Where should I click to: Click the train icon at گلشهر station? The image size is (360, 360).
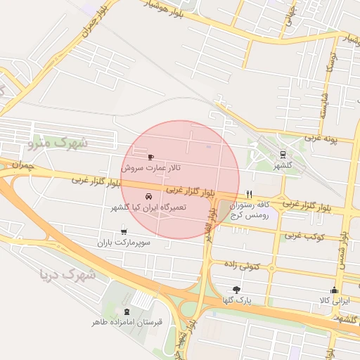[283, 154]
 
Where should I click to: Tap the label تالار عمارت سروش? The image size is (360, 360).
[150, 169]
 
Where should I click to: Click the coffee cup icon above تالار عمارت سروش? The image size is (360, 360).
[150, 157]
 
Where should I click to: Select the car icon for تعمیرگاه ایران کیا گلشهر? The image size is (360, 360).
[148, 197]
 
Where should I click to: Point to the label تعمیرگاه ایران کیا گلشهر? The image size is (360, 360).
[148, 209]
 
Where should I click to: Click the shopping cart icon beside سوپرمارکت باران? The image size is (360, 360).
[124, 231]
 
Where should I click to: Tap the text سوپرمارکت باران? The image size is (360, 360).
[124, 243]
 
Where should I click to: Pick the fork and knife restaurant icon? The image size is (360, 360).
[248, 193]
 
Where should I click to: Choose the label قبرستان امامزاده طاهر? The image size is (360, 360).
[127, 322]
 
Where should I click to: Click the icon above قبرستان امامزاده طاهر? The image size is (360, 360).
[127, 311]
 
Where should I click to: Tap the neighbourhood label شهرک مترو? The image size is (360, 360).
[58, 143]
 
